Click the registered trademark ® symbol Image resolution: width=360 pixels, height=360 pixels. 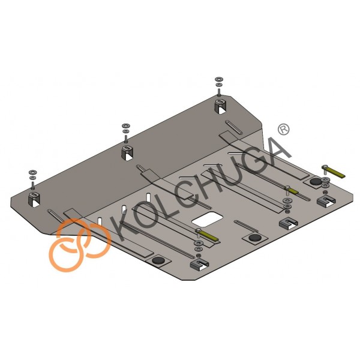[x=284, y=130]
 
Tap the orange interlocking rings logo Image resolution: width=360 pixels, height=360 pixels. [x=80, y=245]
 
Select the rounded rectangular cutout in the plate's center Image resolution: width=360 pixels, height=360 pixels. [x=208, y=219]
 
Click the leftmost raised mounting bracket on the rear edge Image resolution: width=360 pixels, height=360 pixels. [x=34, y=199]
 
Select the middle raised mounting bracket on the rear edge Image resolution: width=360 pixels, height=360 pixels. [x=128, y=152]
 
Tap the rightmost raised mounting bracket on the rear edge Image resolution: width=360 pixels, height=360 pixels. [x=221, y=107]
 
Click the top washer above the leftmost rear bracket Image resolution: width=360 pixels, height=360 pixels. [x=32, y=172]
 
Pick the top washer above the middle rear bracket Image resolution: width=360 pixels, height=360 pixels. [x=126, y=125]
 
